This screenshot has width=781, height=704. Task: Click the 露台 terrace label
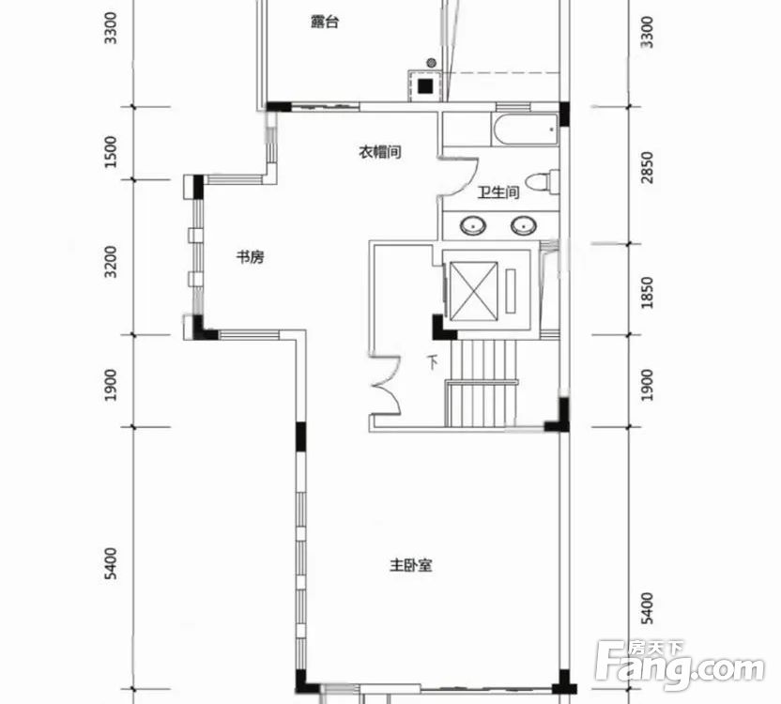(325, 22)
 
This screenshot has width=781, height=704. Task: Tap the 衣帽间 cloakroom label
(380, 151)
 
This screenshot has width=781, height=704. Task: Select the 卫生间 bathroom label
(498, 191)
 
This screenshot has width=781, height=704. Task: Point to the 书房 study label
(250, 257)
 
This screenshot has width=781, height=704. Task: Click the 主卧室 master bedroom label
(411, 565)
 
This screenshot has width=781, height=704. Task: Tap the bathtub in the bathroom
(524, 130)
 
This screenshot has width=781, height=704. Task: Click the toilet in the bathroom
(543, 182)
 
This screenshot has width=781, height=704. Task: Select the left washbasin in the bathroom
(472, 225)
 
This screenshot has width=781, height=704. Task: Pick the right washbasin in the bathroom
(524, 225)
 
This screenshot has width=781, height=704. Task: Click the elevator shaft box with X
(474, 290)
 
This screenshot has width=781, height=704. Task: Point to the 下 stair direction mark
(434, 361)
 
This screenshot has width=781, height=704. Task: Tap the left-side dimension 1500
(112, 151)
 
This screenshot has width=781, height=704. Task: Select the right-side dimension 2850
(647, 167)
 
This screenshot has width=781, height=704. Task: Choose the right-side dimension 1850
(647, 293)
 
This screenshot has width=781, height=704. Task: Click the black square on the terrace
(425, 86)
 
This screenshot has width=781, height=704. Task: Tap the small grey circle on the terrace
(432, 63)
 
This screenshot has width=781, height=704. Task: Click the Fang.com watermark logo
(680, 666)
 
